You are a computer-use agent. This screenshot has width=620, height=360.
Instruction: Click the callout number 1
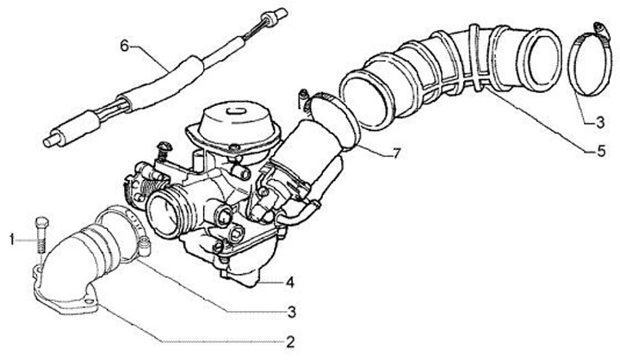(x=12, y=239)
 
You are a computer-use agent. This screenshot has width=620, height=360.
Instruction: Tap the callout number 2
(x=291, y=342)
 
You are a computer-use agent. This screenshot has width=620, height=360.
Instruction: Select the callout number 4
(x=290, y=282)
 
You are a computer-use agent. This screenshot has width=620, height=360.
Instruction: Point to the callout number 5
(x=601, y=151)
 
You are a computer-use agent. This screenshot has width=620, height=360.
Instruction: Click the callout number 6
(x=125, y=47)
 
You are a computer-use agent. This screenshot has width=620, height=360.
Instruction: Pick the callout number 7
(x=397, y=153)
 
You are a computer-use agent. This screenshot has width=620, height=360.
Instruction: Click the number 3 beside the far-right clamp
(x=600, y=122)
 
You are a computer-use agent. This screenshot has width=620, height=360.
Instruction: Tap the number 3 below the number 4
(x=291, y=312)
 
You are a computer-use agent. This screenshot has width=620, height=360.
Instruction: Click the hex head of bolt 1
(x=41, y=223)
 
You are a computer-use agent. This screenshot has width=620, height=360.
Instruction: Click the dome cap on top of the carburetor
(x=235, y=117)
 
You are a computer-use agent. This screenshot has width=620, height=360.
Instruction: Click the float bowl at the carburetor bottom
(x=241, y=273)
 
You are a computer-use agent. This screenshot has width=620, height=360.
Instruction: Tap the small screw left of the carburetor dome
(x=164, y=147)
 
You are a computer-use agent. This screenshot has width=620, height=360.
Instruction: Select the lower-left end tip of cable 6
(x=48, y=141)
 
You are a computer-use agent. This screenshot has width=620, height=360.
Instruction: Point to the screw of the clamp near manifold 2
(x=146, y=246)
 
